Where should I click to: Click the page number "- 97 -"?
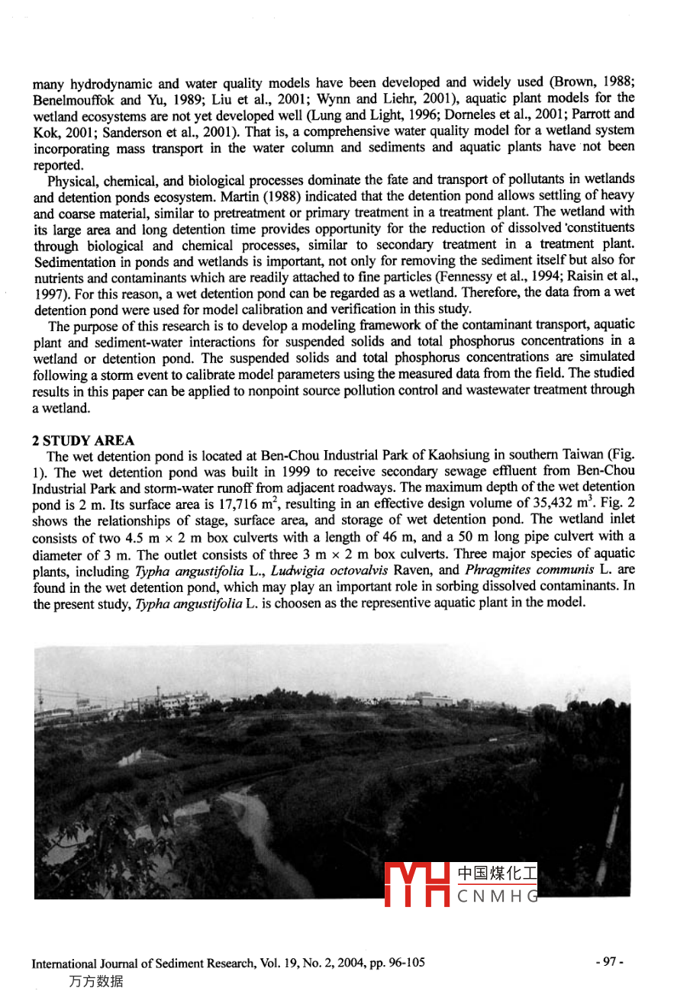pyautogui.click(x=609, y=962)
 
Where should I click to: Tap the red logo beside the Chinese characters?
pyautogui.click(x=417, y=885)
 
